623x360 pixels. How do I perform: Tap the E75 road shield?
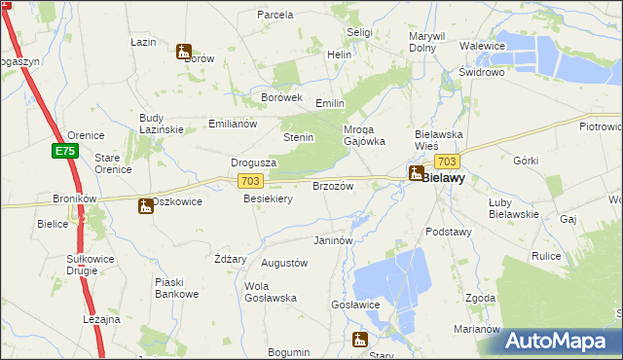pos(65,151)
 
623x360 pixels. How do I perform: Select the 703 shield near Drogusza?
pos(249,181)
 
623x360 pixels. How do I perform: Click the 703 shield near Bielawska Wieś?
pos(447,162)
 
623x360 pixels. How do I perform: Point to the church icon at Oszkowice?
pos(145,205)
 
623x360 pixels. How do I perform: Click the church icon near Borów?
pos(183,52)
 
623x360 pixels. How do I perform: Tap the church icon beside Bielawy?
pos(416,174)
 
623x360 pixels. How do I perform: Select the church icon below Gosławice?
pos(359,340)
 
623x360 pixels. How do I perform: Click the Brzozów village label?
pos(331,186)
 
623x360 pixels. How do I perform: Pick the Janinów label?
pos(331,239)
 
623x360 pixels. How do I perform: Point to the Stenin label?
pos(298,137)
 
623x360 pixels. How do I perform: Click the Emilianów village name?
pos(232,124)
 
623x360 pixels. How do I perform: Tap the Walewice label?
pos(482,46)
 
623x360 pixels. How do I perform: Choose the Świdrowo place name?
pos(480,72)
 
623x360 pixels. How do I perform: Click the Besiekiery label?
pos(268,198)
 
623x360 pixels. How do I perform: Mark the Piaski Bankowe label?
pos(176,288)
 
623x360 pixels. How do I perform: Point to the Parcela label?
pos(275,15)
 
